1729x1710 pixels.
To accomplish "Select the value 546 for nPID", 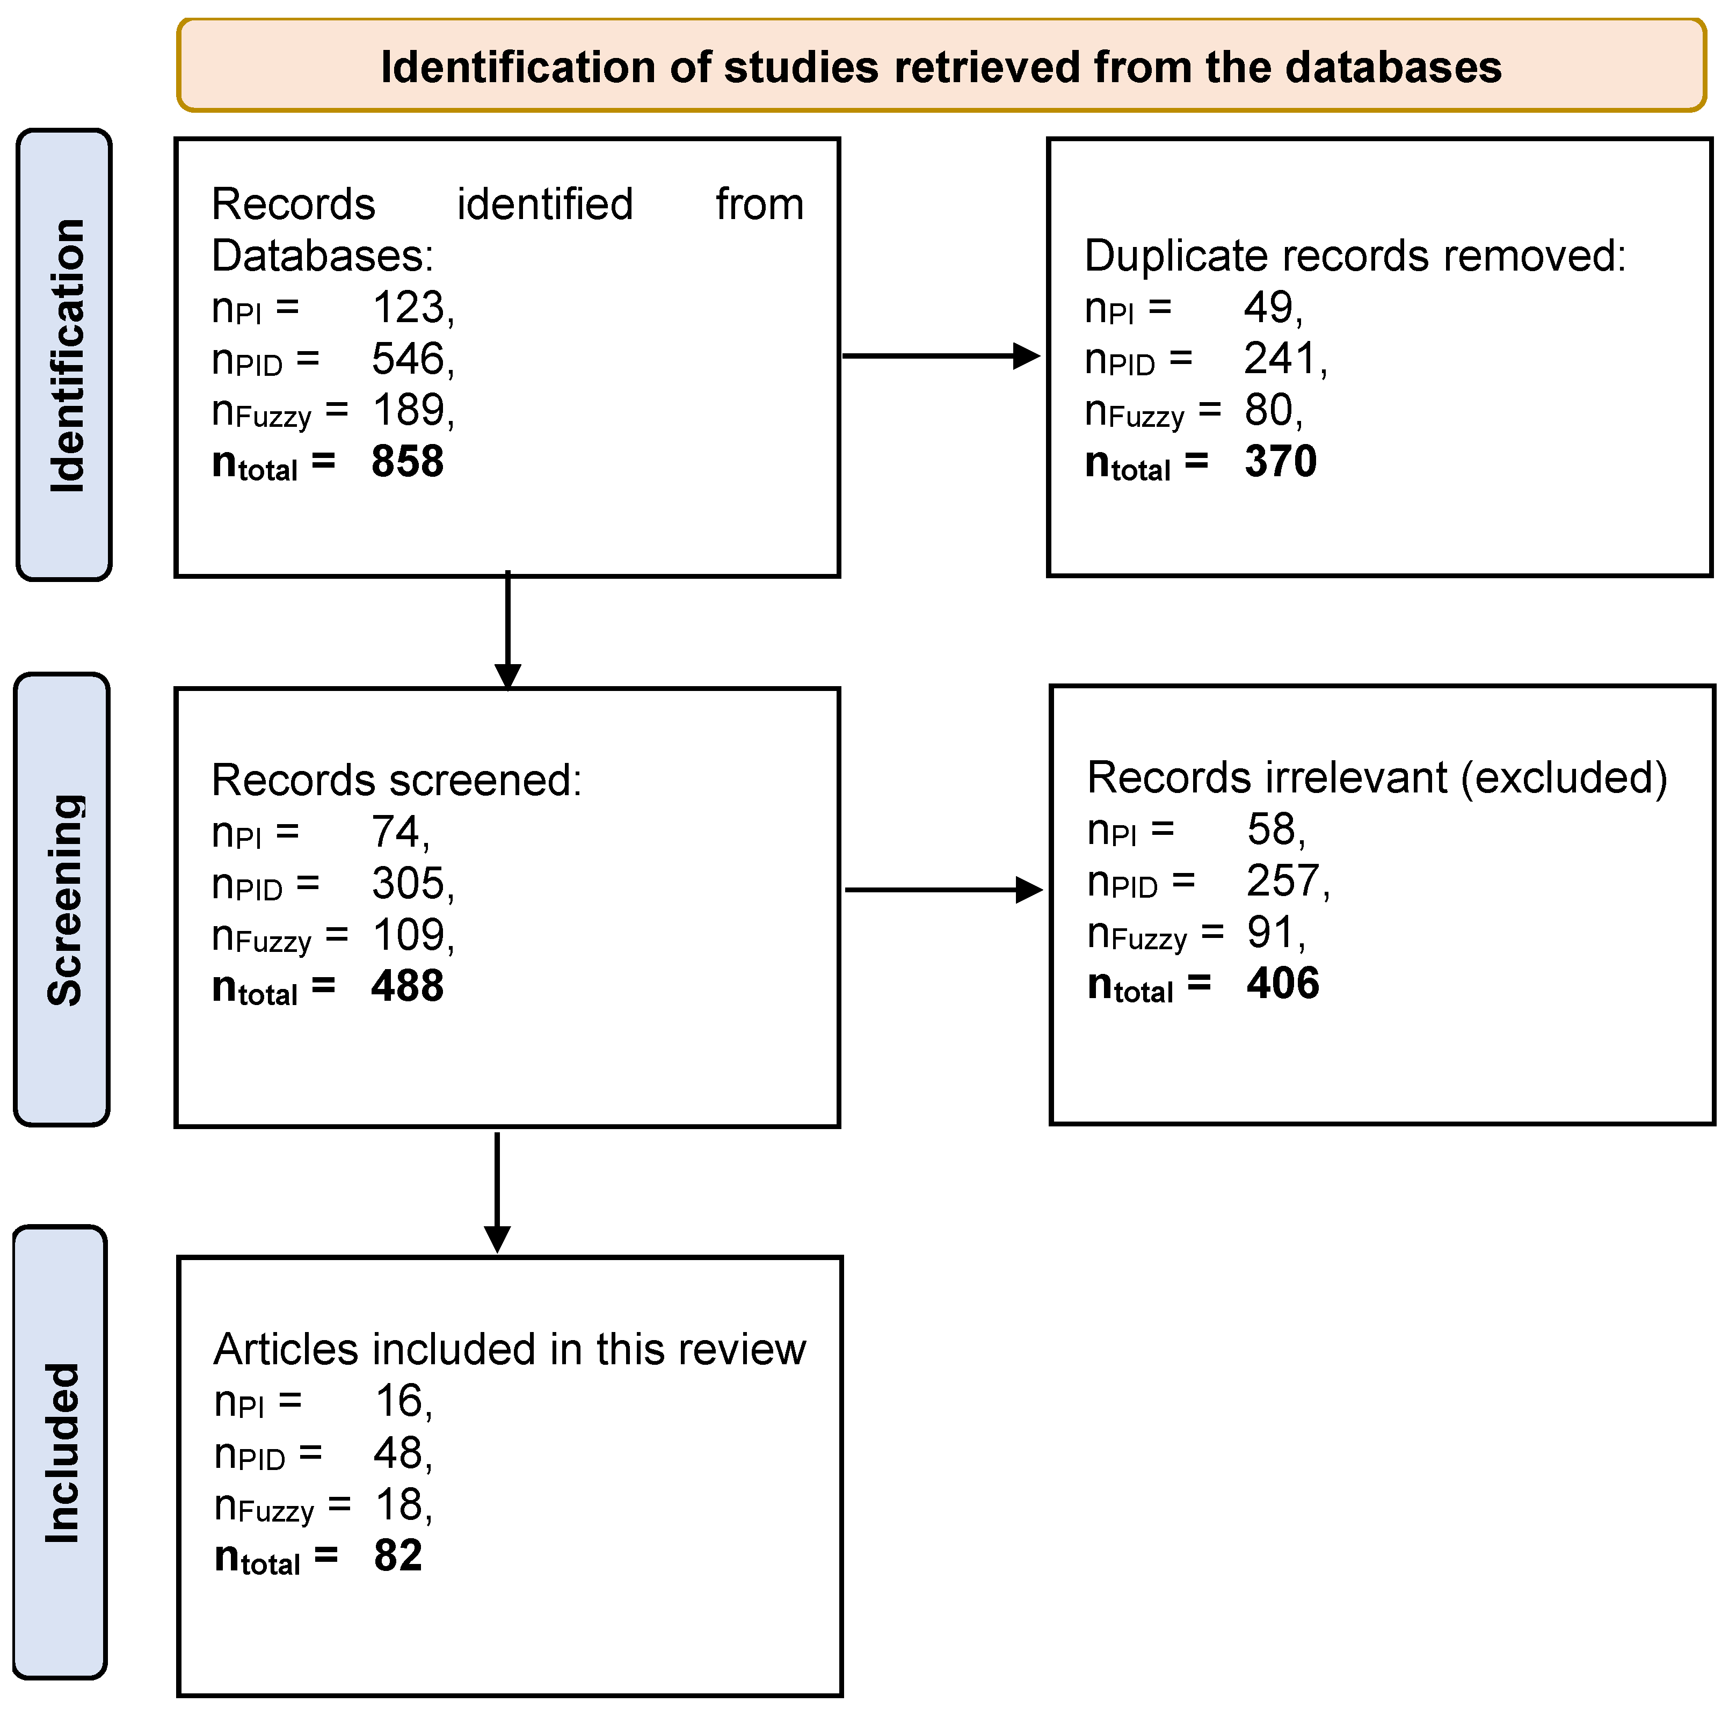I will click(407, 359).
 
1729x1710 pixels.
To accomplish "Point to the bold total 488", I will click(407, 986).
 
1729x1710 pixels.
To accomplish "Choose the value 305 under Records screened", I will click(407, 883).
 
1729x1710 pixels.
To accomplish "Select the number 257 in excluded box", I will click(1282, 881).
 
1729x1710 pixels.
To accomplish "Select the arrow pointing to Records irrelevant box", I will click(943, 890).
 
